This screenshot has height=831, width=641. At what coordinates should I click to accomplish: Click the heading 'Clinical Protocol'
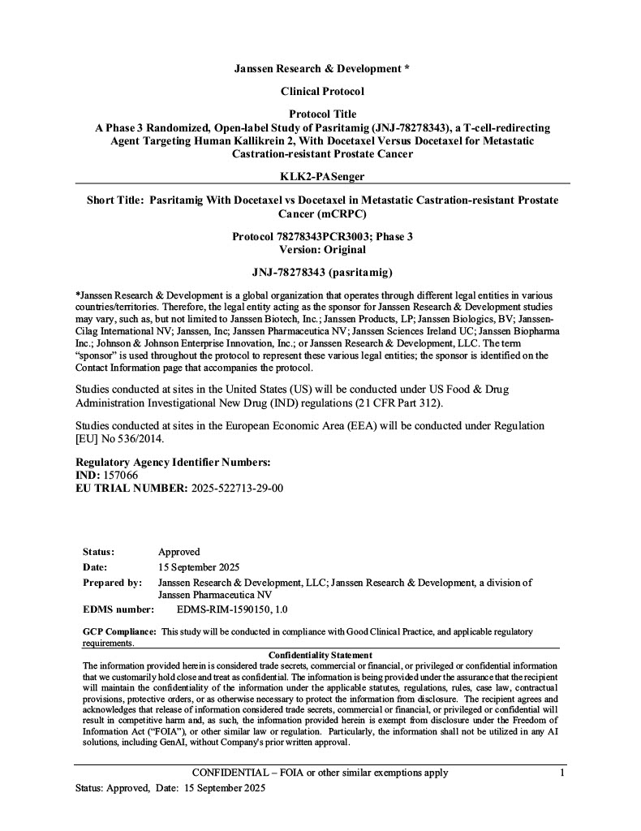[x=322, y=92]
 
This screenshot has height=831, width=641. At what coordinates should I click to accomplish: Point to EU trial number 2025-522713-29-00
[x=237, y=488]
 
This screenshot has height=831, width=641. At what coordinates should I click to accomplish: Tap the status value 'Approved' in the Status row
[x=179, y=552]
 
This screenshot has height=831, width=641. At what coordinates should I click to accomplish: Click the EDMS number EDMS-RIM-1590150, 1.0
[x=232, y=609]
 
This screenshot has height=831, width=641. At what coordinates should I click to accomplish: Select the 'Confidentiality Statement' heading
[x=320, y=655]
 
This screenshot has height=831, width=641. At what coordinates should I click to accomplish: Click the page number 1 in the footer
[x=562, y=773]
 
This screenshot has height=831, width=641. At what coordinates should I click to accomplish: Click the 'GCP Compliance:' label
[x=119, y=631]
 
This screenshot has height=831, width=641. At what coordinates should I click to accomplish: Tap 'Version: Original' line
[x=322, y=250]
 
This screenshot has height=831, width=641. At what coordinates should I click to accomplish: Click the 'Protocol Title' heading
[x=322, y=114]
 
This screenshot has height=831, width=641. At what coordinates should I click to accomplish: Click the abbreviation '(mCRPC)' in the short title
[x=322, y=214]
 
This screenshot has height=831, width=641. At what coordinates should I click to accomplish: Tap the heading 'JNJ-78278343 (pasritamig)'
[x=322, y=272]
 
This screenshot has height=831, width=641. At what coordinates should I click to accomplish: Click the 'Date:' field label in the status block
[x=95, y=567]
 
